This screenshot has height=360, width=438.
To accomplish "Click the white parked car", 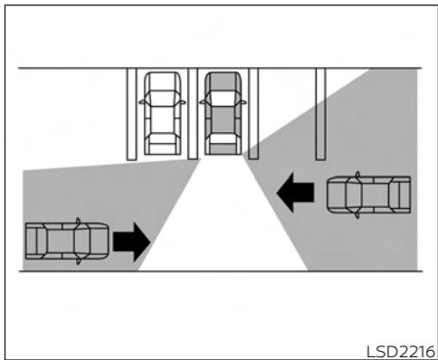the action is pos(161,109).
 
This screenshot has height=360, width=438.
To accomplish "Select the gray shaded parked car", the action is pos(222,109).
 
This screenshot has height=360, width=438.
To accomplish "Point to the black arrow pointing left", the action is pos(296,192).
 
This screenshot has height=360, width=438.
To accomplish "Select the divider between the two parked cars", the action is pos(192,113).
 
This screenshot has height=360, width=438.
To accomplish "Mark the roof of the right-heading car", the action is pos(60,240).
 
